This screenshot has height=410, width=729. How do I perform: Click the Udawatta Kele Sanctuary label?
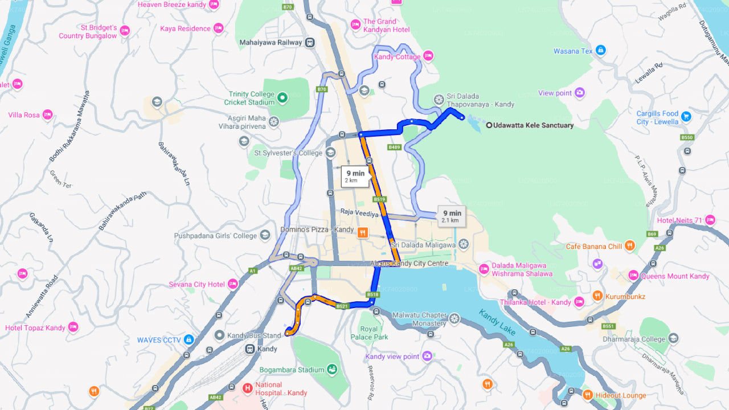tap(534, 125)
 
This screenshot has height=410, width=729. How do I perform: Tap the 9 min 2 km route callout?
tap(355, 176)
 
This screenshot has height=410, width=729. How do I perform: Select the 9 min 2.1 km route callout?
tap(452, 216)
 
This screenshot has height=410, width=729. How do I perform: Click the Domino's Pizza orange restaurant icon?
tap(362, 232)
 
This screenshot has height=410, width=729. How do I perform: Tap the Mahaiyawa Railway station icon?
tap(309, 42)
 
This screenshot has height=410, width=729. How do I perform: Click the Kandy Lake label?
tap(497, 321)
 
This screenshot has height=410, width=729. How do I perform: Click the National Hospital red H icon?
tap(247, 388)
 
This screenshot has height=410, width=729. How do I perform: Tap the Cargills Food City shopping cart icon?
tap(686, 116)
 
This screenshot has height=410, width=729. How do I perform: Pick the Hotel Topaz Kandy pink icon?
tap(73, 327)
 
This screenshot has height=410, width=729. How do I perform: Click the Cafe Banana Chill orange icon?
tap(629, 246)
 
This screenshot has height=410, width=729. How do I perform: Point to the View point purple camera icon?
tap(580, 93)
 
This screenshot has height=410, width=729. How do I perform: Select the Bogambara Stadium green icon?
tap(331, 370)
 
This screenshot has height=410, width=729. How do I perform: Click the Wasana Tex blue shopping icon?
tap(600, 51)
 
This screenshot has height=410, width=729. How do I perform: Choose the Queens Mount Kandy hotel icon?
tap(633, 276)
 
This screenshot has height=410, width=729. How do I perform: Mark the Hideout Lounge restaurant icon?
tap(588, 395)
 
